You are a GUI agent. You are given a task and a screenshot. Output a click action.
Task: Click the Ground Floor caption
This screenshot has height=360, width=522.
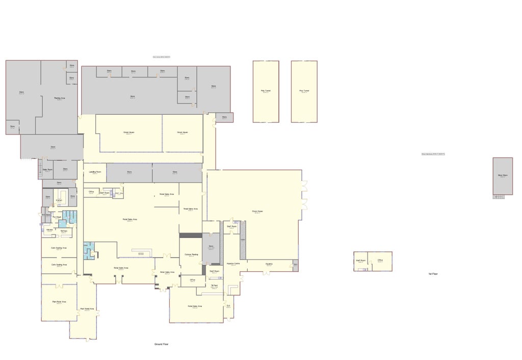(x=162, y=344)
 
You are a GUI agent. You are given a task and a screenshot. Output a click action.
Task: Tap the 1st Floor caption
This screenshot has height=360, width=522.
(x=433, y=274)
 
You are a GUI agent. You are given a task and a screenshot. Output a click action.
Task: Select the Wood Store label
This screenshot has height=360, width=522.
(x=503, y=175)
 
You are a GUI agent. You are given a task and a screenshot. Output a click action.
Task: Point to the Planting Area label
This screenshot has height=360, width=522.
(x=59, y=98)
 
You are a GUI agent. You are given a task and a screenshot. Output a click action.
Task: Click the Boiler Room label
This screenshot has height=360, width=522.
(x=47, y=169)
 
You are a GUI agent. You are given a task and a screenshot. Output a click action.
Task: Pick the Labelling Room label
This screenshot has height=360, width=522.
(x=95, y=172)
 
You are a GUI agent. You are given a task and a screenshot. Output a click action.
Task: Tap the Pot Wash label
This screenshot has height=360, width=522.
(x=58, y=217)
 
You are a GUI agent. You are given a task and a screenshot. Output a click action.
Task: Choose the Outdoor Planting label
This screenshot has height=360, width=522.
(x=191, y=254)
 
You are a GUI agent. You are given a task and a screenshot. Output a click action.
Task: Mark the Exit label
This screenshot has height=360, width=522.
(x=228, y=306)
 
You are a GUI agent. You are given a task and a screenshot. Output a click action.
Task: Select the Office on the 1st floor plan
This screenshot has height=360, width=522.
(x=380, y=260)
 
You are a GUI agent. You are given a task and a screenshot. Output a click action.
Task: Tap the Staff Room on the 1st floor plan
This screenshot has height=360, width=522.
(x=360, y=261)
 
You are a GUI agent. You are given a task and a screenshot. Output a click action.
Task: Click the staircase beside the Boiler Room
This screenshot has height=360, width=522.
(x=39, y=169)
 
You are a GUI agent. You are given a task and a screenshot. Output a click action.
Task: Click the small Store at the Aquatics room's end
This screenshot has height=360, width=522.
(x=295, y=264)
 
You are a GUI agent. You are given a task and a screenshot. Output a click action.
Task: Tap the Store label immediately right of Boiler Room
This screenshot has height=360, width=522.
(x=65, y=169)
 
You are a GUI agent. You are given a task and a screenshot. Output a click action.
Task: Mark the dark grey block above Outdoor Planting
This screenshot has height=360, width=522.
(x=191, y=235)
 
